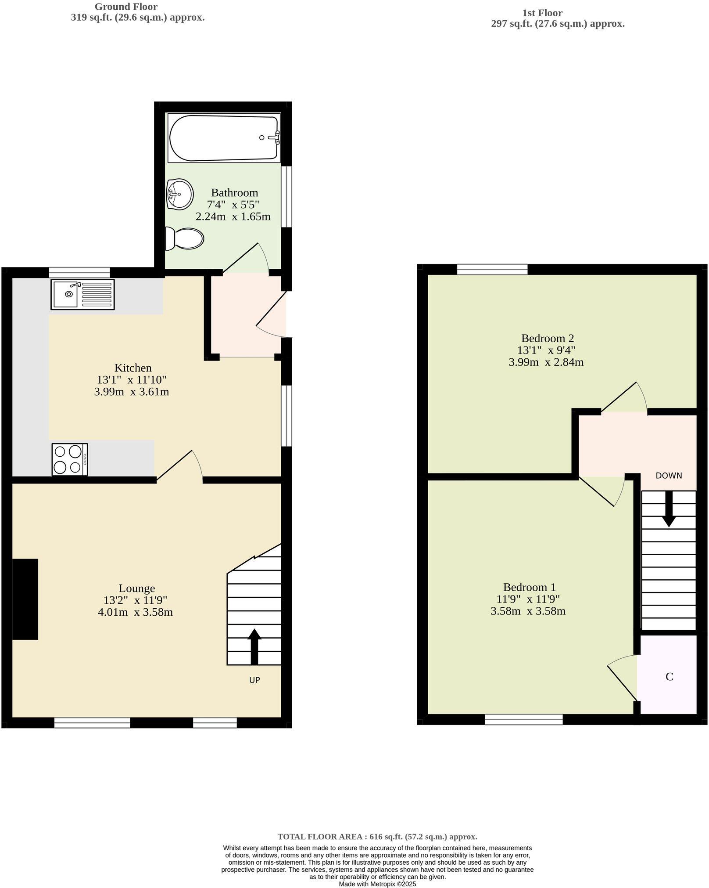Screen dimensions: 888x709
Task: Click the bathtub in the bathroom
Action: tap(224, 137)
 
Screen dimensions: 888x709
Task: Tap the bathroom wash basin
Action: tap(180, 194)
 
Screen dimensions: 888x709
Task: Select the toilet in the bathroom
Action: tap(185, 239)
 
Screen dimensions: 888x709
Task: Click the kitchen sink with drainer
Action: tap(82, 294)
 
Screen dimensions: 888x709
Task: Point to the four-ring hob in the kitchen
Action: tap(70, 459)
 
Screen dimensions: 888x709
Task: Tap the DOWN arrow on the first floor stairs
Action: tap(669, 509)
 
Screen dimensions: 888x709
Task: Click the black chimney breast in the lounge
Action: tap(25, 599)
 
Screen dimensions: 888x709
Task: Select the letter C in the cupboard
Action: tap(669, 677)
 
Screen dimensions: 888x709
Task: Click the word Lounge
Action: tap(137, 588)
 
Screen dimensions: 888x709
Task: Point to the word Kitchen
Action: tap(133, 368)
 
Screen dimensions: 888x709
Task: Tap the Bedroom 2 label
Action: tap(548, 338)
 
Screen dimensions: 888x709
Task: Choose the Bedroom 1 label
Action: tap(530, 587)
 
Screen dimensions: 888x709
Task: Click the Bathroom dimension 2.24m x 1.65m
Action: tap(233, 217)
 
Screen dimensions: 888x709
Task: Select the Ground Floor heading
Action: tap(126, 7)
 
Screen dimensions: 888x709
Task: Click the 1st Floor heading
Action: tap(542, 13)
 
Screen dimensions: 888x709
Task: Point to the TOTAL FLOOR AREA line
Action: tap(377, 837)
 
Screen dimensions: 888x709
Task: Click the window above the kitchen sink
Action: tap(79, 272)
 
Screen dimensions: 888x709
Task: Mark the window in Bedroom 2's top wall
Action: tap(492, 269)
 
